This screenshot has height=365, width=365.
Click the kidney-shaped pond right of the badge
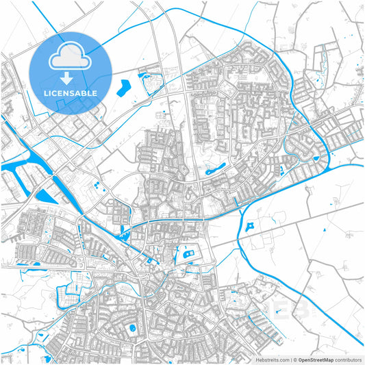125,88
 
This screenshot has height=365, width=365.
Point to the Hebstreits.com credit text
271,360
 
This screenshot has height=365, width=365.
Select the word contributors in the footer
349,360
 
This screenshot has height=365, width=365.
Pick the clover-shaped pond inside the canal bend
251,225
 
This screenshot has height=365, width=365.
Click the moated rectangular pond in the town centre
190,255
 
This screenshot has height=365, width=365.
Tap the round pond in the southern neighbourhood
132,329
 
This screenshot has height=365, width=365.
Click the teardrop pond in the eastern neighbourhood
316,160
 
